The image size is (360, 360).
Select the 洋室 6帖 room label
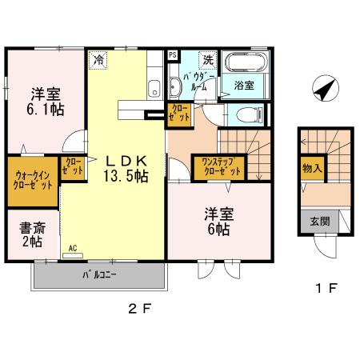(216, 222)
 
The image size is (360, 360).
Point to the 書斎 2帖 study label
(33, 235)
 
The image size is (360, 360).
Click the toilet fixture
(250, 114)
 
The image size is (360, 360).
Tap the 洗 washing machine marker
(208, 59)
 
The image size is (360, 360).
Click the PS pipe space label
(172, 55)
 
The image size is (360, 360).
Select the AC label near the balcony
(73, 248)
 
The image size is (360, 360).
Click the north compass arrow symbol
(323, 88)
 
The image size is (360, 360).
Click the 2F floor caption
(140, 308)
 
